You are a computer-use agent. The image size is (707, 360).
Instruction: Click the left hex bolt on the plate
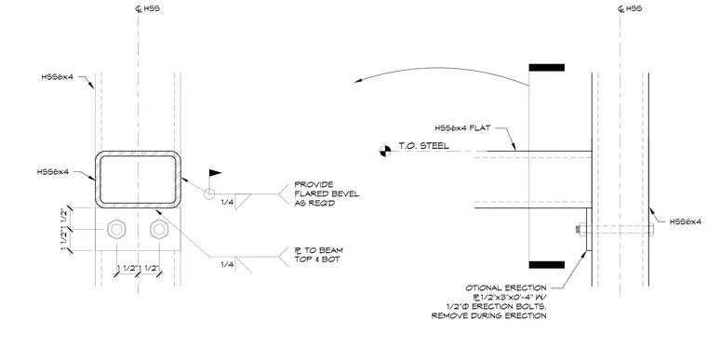tap(116, 229)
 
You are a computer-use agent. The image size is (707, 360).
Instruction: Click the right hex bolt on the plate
tap(159, 229)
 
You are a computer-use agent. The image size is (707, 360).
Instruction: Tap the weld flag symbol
tap(214, 173)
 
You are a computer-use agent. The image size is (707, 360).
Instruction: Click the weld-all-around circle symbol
tap(209, 193)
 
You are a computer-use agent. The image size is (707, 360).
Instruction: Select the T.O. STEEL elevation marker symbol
tap(385, 151)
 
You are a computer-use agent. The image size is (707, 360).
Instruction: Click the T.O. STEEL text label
tap(423, 146)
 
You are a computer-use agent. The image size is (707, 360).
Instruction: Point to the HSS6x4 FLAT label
tap(462, 128)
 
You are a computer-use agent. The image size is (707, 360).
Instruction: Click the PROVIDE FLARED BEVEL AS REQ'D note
tap(327, 193)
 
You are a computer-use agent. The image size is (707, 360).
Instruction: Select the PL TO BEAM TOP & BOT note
tap(318, 255)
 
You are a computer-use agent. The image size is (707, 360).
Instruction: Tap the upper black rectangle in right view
tap(546, 68)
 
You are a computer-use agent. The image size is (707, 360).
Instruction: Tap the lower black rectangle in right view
tap(546, 265)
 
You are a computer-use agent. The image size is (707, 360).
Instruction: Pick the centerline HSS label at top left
tap(148, 8)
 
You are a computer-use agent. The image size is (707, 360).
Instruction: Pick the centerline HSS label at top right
tap(630, 8)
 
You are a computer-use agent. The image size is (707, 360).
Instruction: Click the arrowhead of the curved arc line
tap(358, 81)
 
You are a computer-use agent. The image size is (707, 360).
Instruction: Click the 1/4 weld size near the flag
tap(227, 202)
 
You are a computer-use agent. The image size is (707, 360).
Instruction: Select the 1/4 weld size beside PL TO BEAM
tap(227, 264)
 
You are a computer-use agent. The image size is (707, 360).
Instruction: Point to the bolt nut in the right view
tap(580, 229)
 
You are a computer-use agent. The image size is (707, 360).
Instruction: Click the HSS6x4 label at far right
tap(686, 221)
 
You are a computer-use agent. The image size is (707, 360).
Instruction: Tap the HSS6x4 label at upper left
tap(58, 77)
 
